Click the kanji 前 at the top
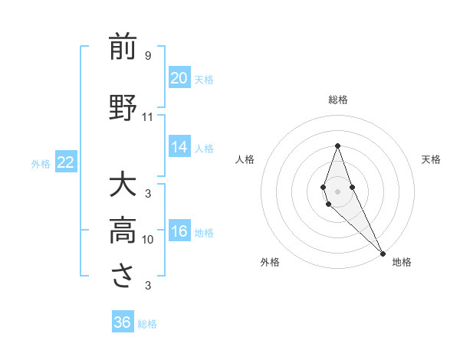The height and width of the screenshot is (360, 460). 123,47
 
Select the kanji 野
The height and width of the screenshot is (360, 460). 123,108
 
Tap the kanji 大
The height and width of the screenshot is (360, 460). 123,185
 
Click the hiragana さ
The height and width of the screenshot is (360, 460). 123,277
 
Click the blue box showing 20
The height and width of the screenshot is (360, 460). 179,78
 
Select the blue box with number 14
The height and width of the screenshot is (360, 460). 179,147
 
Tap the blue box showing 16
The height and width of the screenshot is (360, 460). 179,231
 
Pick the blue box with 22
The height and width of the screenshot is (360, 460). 66,162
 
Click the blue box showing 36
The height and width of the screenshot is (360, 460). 123,322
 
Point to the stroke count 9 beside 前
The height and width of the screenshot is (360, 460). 147,55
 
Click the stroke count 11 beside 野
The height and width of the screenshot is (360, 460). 147,116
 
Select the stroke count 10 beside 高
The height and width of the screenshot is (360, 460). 147,239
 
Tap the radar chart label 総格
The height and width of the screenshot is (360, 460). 338,100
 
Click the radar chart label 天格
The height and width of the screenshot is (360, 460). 431,159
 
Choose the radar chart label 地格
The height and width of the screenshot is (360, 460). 402,262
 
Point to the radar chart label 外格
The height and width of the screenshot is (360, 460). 270,262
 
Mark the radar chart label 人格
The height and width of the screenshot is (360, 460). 245,159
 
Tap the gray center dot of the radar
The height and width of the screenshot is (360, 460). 338,191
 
